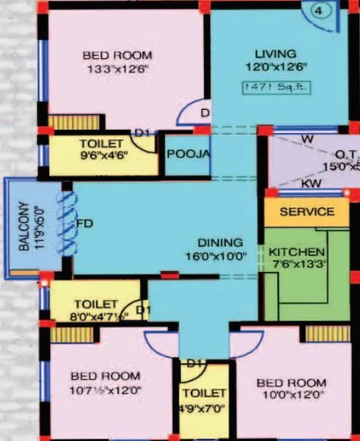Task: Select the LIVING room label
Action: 276,54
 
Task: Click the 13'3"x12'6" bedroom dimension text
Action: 117,70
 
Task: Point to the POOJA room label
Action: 188,154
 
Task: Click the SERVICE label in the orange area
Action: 307,211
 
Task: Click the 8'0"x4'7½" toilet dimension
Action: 99,316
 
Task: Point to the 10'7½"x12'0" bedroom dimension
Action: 106,389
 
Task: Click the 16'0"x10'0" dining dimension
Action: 216,256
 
